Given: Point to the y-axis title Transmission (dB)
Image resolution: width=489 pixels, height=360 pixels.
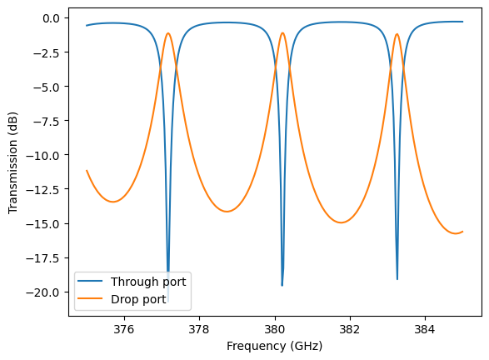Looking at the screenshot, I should [12, 162].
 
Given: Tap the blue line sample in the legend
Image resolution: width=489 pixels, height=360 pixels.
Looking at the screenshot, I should [95, 282].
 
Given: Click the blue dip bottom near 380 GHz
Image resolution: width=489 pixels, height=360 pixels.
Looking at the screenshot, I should [282, 285].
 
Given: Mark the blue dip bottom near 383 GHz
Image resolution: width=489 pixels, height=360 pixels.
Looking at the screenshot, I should [397, 278].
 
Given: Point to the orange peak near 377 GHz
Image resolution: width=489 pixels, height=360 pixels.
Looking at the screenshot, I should [168, 34].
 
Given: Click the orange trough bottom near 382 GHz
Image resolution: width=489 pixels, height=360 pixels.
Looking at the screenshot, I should [342, 222].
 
